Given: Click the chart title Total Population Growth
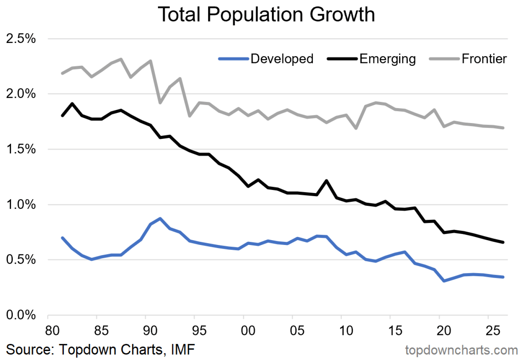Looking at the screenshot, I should click(x=266, y=15).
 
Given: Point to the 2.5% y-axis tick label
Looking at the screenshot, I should click(x=21, y=38).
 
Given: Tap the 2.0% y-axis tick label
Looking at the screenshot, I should click(x=21, y=94).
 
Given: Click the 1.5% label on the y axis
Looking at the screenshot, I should click(x=21, y=149).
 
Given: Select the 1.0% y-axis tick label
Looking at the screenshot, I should click(x=21, y=204).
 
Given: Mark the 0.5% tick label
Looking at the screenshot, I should click(x=21, y=260).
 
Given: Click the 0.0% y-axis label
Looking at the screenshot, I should click(x=21, y=315).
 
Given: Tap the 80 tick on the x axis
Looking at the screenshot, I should click(x=52, y=331).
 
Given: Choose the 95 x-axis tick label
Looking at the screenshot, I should click(x=199, y=331).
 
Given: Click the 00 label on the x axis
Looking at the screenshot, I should click(x=248, y=331).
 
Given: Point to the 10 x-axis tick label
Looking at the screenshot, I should click(x=346, y=331).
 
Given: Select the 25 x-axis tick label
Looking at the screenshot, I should click(x=493, y=331).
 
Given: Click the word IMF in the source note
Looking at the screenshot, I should click(x=183, y=349).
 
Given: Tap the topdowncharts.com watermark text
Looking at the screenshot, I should click(x=461, y=350).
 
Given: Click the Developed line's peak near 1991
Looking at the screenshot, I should click(x=160, y=219).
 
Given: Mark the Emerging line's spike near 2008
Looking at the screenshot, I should click(x=326, y=181).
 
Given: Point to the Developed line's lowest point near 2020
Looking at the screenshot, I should click(x=444, y=281).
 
